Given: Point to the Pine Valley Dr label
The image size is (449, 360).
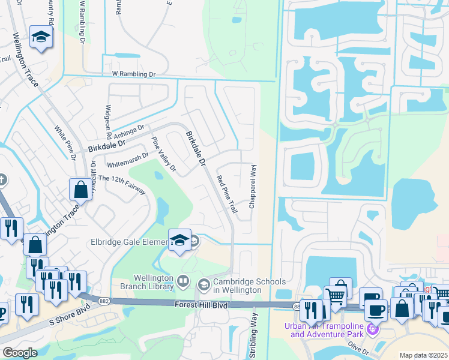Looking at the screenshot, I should point(164,155).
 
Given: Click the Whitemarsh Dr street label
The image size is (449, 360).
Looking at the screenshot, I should point(127,160).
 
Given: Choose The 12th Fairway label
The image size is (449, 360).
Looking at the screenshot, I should point(122,183).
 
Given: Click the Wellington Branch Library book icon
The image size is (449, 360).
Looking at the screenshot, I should point(182,280).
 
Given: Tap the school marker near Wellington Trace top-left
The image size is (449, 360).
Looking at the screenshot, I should point(41,38).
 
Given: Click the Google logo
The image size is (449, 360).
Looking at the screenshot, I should point(20,353).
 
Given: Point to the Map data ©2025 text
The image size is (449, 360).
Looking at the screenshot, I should point(423,355).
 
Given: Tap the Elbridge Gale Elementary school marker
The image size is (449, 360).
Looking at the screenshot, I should point(179,240).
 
